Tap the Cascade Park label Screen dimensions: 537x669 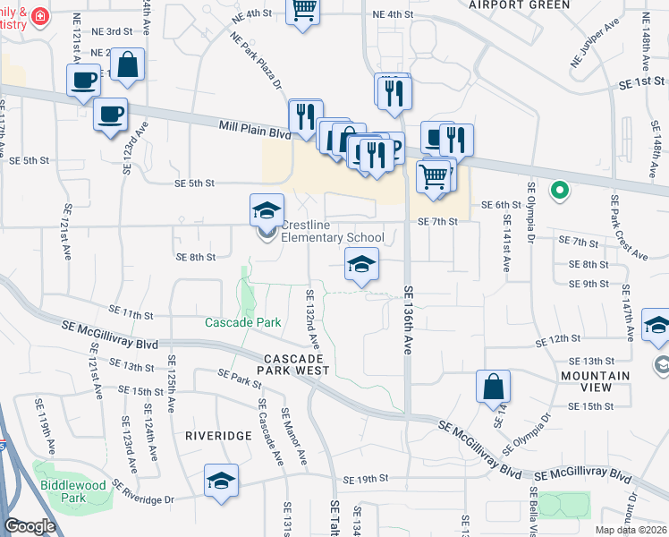(x=243, y=322)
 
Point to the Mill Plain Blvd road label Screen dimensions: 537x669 (x=256, y=131)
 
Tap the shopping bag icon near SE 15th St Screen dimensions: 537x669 (x=493, y=388)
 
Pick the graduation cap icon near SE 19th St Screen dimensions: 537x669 (x=221, y=481)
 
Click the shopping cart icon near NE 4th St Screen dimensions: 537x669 (x=302, y=10)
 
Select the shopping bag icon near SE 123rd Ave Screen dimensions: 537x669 (x=127, y=65)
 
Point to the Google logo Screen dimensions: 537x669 (x=30, y=526)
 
